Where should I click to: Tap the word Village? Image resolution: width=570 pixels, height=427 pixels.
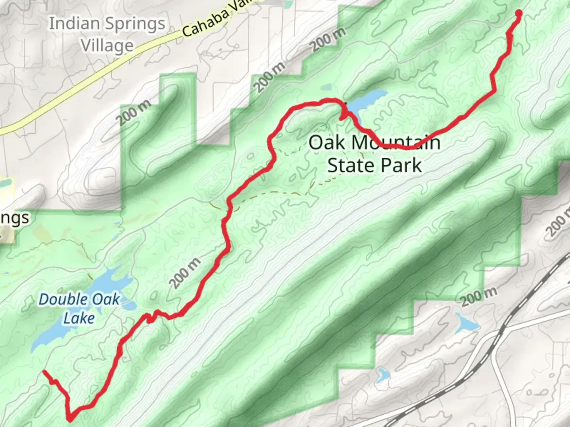(107, 45)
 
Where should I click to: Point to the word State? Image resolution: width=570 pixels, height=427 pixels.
(350, 165)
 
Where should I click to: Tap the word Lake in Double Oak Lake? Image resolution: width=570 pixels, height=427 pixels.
(79, 318)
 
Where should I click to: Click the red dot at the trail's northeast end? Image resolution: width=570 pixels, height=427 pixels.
(518, 14)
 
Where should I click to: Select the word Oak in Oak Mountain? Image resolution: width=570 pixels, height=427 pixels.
(327, 142)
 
